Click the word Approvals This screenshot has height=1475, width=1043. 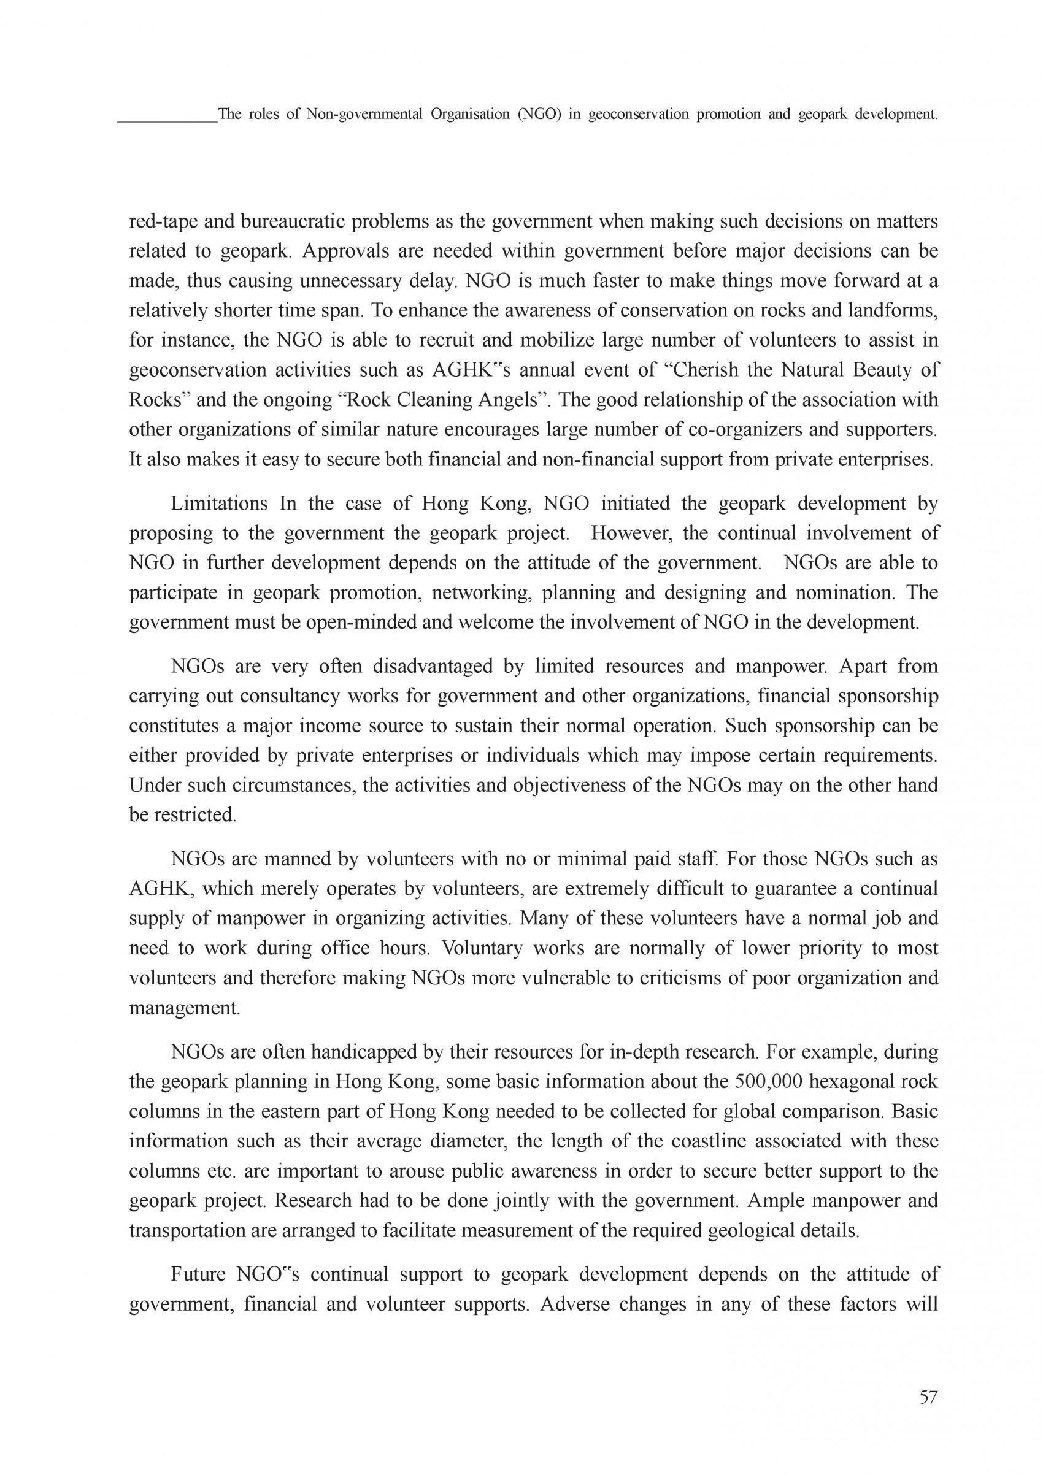click(x=344, y=252)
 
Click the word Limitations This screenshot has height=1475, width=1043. click(x=219, y=504)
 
